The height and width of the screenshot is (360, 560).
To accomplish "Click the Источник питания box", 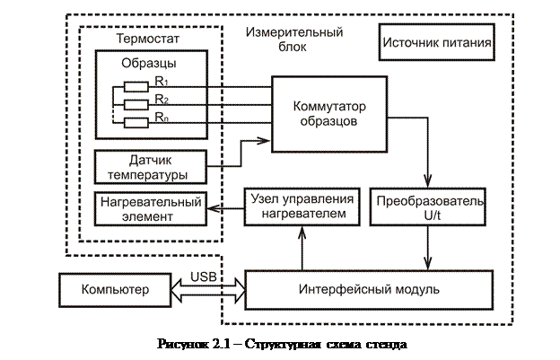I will coord(438,41).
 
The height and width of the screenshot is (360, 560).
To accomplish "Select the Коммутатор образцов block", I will coord(328,112).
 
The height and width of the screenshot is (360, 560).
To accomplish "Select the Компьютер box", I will coord(113,289).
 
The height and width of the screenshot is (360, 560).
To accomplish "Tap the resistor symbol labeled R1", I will coord(136,87).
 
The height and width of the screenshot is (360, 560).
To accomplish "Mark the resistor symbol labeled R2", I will coord(136,103).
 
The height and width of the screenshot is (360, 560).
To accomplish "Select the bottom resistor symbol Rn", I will coord(136,120).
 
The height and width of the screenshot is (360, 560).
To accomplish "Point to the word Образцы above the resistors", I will coord(148,65).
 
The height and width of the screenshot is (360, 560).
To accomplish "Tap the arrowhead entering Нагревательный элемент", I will coord(212,207).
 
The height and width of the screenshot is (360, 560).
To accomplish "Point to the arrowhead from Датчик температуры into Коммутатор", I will coord(265,139).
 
